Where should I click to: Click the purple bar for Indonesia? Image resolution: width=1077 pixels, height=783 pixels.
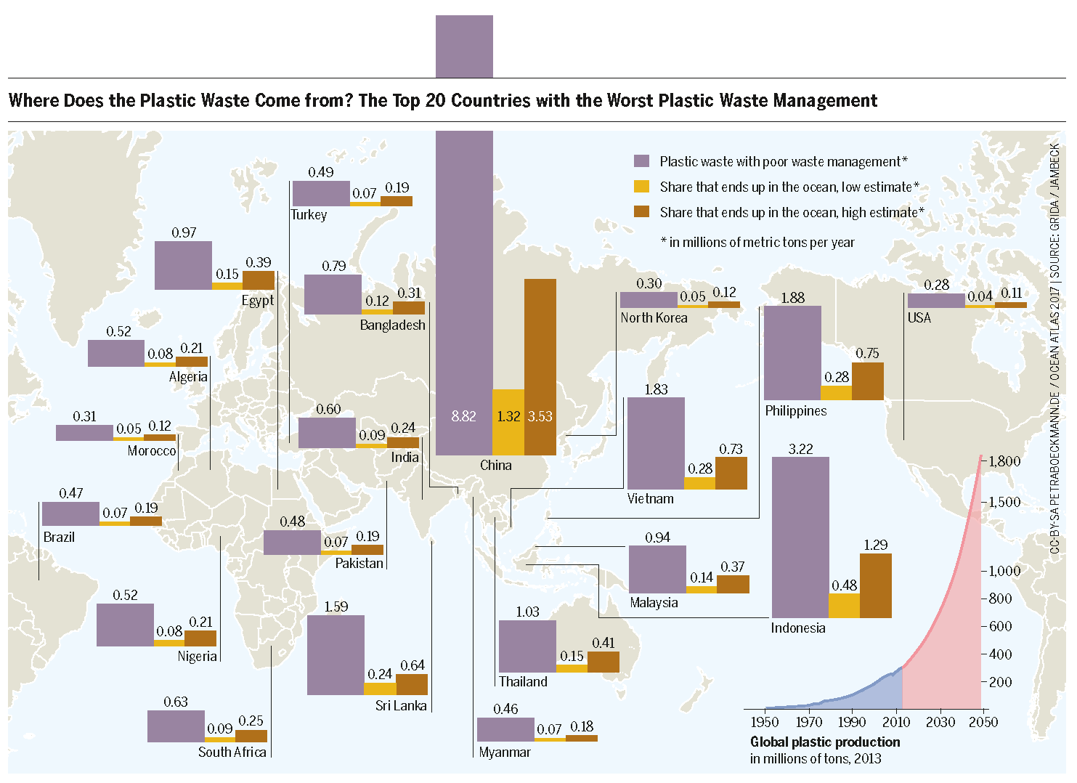coord(800,537)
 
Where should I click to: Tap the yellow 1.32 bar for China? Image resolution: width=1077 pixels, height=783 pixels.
coord(508,422)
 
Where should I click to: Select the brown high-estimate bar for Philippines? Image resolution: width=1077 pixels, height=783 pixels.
coord(868,381)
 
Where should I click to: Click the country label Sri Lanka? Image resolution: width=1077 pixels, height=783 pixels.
coord(401,705)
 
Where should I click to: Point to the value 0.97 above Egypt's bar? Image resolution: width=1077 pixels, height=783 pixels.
coord(184,232)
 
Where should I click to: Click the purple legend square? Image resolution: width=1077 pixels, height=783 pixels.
coord(641,161)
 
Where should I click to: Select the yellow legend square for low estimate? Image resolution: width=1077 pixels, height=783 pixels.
coord(641,187)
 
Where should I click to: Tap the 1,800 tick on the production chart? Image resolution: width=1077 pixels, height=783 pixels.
coord(1004,461)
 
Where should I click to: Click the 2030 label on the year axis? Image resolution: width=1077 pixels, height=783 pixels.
coord(940,721)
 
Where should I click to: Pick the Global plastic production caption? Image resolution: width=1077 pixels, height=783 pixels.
coord(825,742)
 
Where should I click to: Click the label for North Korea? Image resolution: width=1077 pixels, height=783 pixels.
coord(654,317)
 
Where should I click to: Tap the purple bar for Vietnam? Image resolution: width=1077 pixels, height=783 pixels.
coord(656,443)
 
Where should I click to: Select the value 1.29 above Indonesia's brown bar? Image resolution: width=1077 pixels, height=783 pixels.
coord(876,545)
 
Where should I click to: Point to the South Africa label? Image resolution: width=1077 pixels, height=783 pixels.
coord(232,752)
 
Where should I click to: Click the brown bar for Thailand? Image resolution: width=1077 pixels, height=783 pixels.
coord(603,662)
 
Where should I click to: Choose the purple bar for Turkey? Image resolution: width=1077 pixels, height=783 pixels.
coord(321,194)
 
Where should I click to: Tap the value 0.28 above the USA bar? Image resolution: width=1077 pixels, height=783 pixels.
coord(937,285)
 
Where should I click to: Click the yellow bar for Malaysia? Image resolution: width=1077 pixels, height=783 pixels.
coord(702,589)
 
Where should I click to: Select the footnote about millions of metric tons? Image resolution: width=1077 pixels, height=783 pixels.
coord(757,242)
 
